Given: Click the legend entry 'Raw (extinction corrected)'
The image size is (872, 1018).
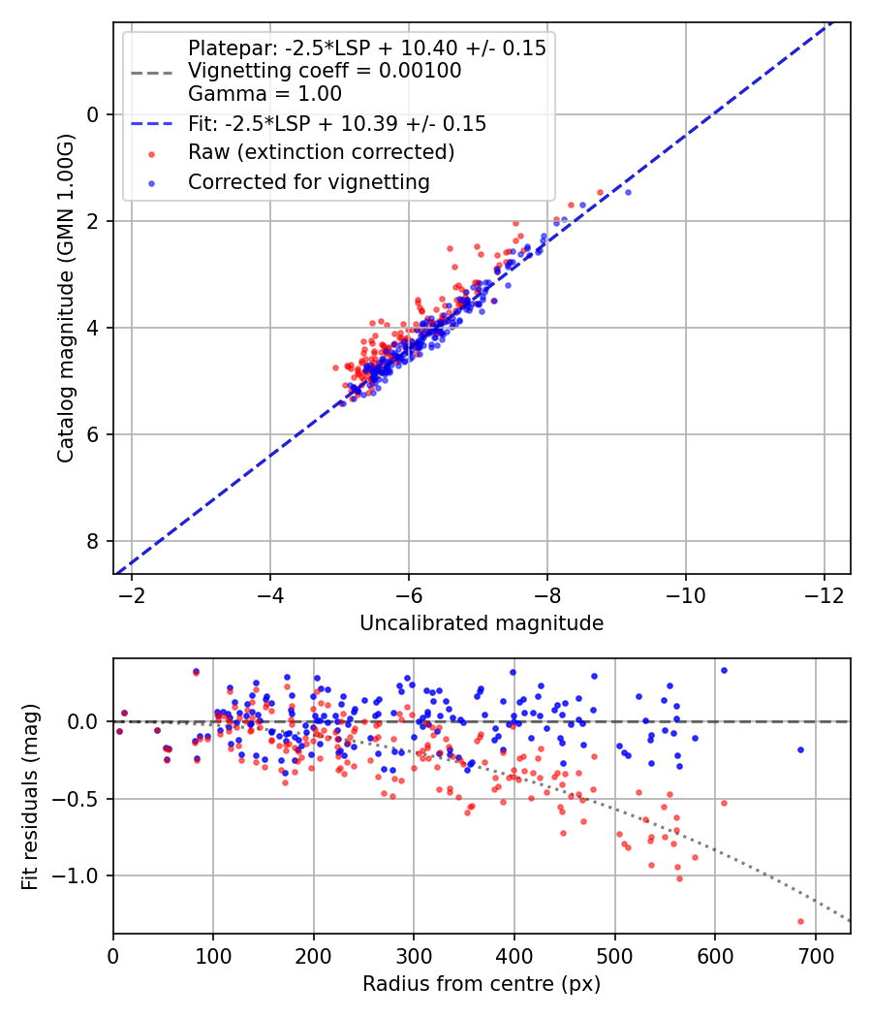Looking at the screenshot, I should click(x=321, y=152).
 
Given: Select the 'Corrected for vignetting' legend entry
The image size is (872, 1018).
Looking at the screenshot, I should click(x=308, y=181).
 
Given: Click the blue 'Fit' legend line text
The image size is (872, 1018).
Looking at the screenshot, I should click(x=337, y=124).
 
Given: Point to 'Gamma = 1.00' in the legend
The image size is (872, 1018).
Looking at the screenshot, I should click(x=265, y=94).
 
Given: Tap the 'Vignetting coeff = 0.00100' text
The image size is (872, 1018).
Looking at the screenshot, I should click(x=325, y=71).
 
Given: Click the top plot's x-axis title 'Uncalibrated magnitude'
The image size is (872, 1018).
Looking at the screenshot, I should click(x=482, y=623).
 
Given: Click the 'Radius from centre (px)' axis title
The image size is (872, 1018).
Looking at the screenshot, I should click(x=482, y=984).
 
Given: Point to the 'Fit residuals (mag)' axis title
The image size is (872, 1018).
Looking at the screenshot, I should click(x=30, y=796).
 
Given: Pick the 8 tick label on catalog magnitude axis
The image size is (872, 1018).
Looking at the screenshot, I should click(x=94, y=541).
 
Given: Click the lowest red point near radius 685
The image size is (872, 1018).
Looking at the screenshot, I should click(x=800, y=921).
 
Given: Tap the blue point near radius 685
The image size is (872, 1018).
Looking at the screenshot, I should click(x=800, y=749).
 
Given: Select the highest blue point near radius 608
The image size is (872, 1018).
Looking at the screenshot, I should click(x=723, y=670).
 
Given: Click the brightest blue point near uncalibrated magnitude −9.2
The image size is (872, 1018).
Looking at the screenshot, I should click(x=628, y=192).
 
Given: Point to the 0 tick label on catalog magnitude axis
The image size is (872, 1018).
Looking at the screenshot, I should click(x=94, y=114).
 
